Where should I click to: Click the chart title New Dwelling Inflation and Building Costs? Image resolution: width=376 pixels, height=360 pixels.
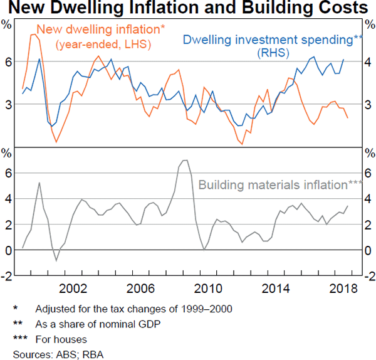coord(188,8)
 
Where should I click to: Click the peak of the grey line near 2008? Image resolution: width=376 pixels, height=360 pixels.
coord(185,160)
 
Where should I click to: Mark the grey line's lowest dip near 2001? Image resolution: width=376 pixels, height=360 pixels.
coord(56,260)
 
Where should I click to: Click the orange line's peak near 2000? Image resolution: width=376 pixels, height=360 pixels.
coord(34,34)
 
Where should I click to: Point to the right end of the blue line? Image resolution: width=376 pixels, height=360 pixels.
coord(343,60)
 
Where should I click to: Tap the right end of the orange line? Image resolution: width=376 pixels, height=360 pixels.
coord(348,118)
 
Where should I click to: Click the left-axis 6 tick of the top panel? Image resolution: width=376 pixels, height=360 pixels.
coord(9,61)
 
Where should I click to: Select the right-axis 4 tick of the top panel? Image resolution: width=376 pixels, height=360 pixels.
coord(369,61)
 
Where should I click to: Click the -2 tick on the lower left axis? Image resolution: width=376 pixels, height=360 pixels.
coord(8,276)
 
